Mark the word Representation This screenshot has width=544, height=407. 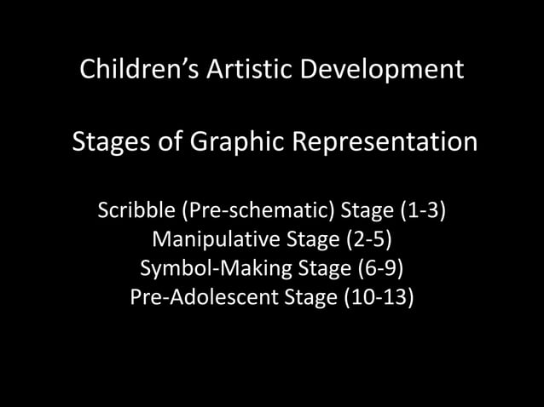(x=385, y=141)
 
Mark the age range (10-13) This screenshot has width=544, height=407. (x=384, y=299)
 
